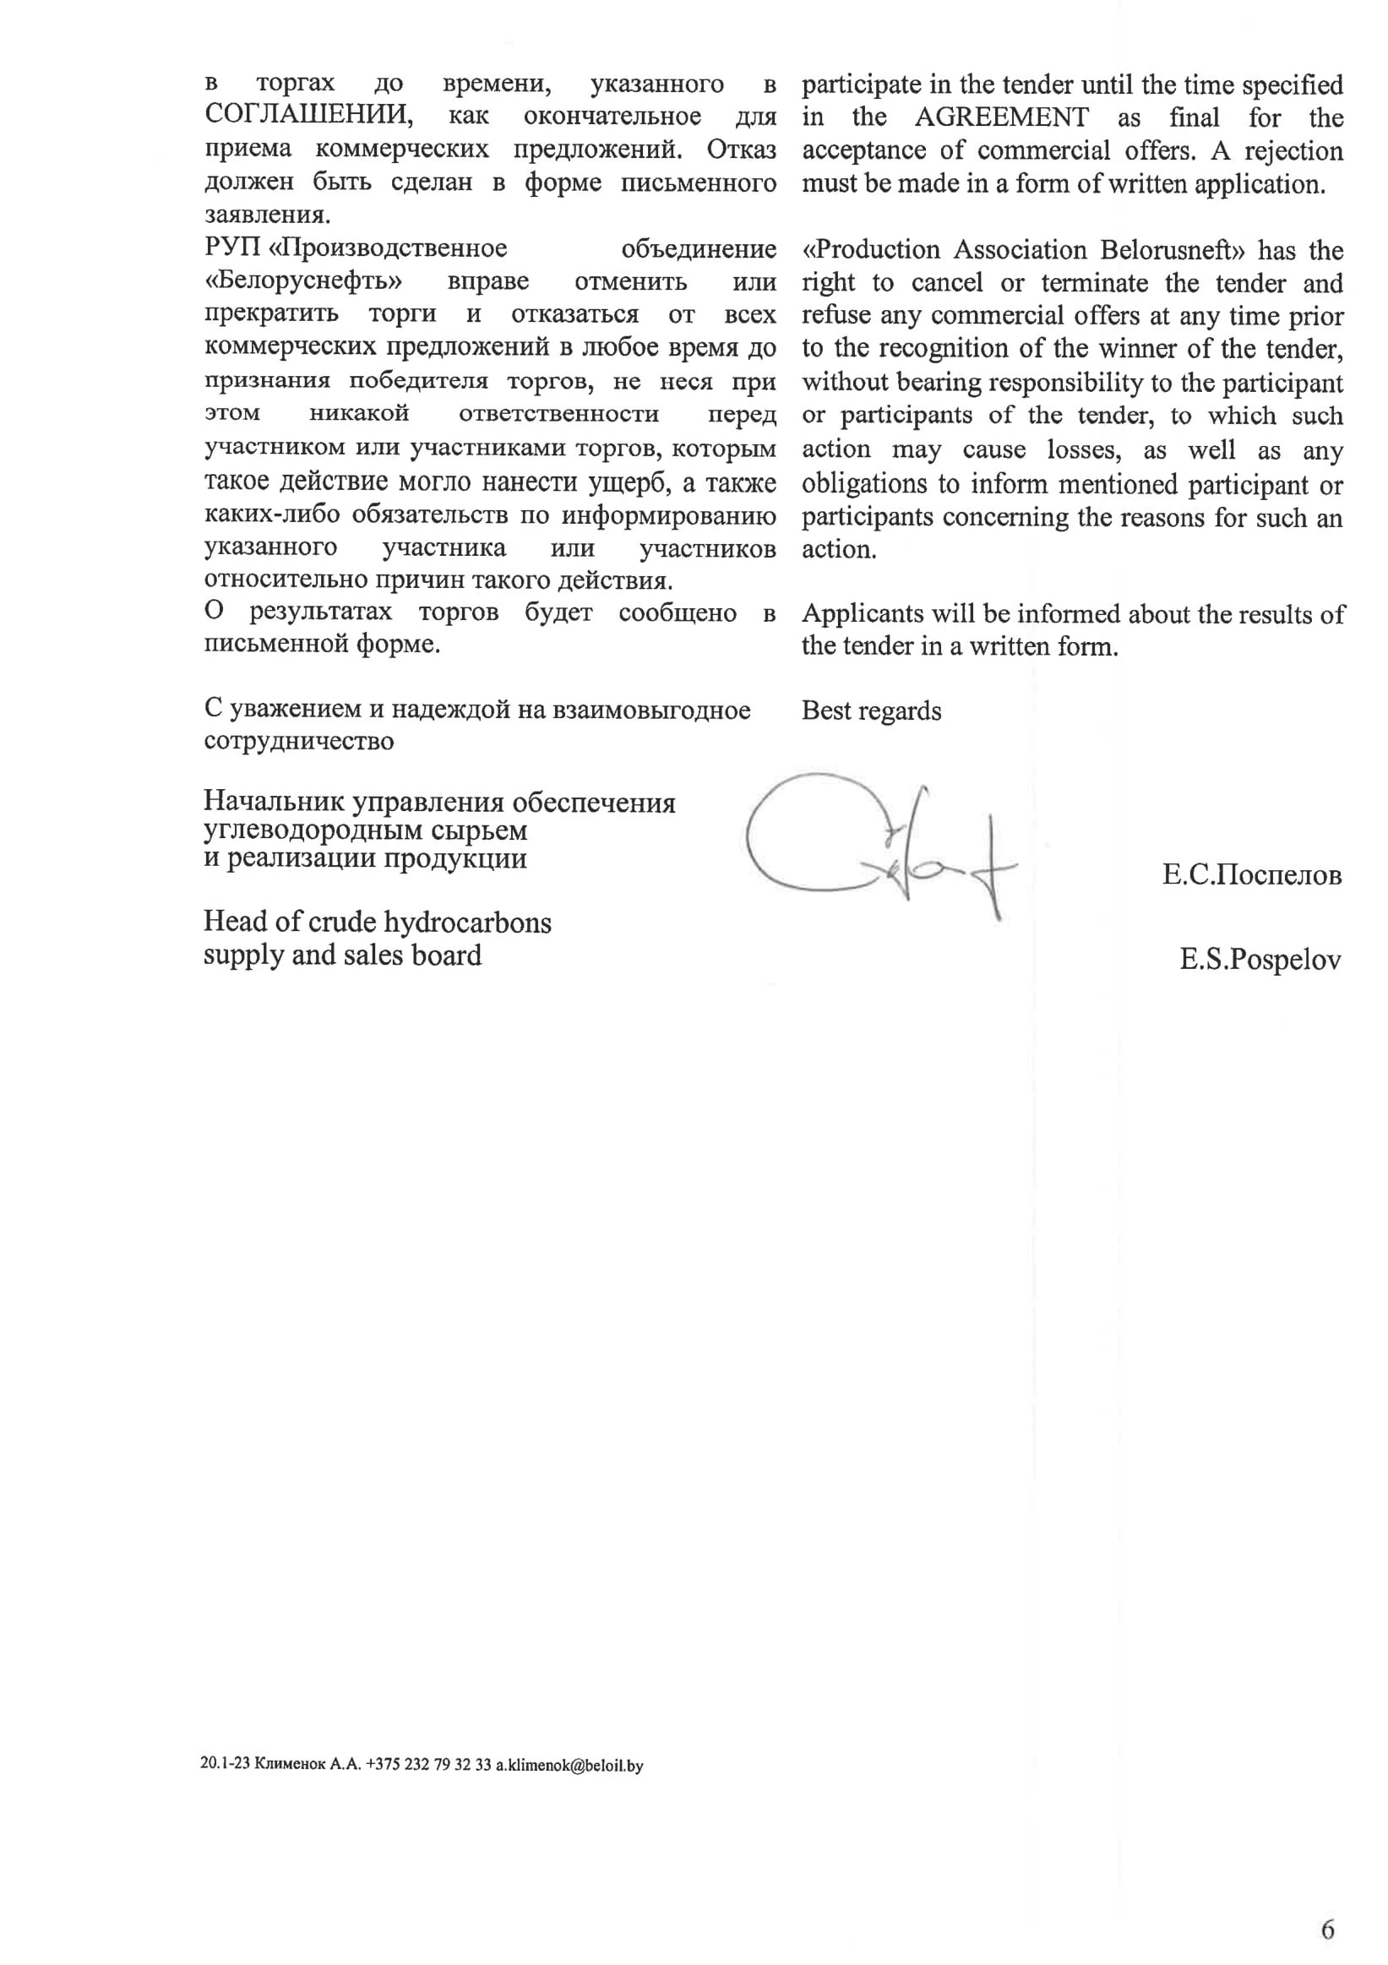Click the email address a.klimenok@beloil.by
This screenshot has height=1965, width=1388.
(x=569, y=1765)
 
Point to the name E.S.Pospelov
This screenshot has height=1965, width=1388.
(x=1260, y=961)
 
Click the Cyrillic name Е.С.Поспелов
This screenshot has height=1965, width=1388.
(x=1251, y=874)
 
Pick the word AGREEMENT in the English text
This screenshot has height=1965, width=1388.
(x=1001, y=117)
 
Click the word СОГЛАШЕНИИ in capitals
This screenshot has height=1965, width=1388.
(x=308, y=116)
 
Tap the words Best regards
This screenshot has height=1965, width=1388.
(x=871, y=710)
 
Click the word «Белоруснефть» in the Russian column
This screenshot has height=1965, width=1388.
(x=304, y=281)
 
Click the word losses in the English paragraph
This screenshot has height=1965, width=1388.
(x=1083, y=450)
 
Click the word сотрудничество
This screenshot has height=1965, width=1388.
(x=299, y=741)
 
